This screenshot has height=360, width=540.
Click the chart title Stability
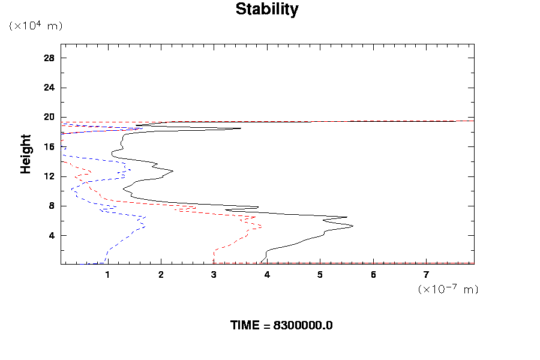pos(266,10)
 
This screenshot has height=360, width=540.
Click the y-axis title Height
pos(26,154)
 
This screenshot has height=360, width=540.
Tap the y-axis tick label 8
pos(52,206)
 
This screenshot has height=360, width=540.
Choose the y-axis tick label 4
pos(52,235)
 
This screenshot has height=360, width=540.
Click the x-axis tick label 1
pos(107,275)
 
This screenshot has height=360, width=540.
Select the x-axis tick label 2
pos(161,275)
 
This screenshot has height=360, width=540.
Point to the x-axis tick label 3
pos(214,275)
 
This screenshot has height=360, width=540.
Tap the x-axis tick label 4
pos(267,275)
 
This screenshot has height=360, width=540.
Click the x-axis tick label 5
pos(320,275)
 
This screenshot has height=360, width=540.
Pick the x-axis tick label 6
pos(373,275)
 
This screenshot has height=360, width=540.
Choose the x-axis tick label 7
pos(426,275)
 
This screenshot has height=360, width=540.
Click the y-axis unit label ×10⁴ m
pos(35,26)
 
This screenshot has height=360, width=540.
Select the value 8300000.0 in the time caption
pos(303,326)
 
